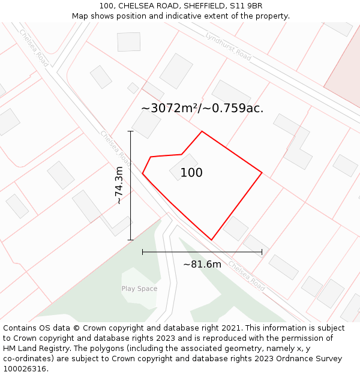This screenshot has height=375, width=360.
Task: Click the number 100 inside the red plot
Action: [x=191, y=173]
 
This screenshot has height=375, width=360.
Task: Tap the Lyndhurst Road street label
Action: [x=228, y=46]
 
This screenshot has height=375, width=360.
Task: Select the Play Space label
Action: [x=139, y=289]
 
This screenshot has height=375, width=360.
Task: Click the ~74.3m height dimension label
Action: [x=119, y=185]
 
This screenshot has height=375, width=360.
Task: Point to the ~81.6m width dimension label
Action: [x=202, y=264]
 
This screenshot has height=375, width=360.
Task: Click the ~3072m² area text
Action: [x=169, y=109]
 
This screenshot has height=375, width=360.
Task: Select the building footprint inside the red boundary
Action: [x=183, y=167]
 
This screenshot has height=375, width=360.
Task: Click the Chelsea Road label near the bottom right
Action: [x=246, y=275]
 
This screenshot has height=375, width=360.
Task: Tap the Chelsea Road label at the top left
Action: [x=34, y=47]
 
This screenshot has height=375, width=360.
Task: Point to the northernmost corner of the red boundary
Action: [x=202, y=131]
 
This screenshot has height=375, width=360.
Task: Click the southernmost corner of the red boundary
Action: [x=211, y=240]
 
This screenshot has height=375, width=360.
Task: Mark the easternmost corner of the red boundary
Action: [x=262, y=173]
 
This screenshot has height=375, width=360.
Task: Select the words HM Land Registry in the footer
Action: [x=32, y=349]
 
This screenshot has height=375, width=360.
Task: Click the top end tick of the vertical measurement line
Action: [x=130, y=131]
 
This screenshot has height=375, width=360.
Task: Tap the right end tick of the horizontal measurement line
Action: [x=262, y=252]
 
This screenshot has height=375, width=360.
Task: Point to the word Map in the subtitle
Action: [x=80, y=16]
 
